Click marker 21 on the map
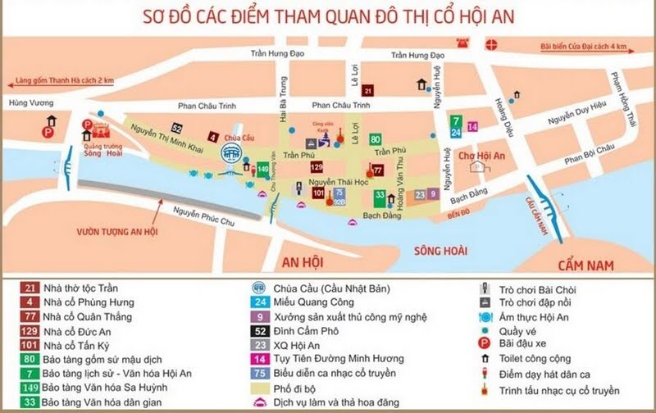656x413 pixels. [368, 90]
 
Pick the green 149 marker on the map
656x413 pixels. [263, 169]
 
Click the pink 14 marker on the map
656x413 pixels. [472, 126]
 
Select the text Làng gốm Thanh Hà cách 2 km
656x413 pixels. [61, 82]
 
